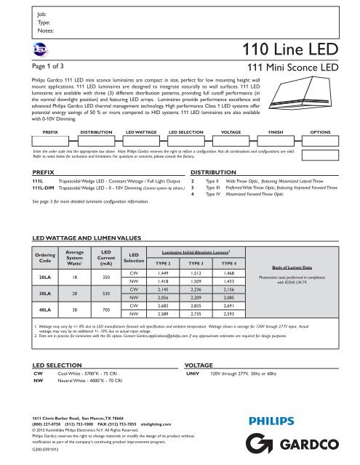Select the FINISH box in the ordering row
pyautogui.click(x=274, y=134)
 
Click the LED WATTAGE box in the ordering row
pyautogui.click(x=140, y=134)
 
